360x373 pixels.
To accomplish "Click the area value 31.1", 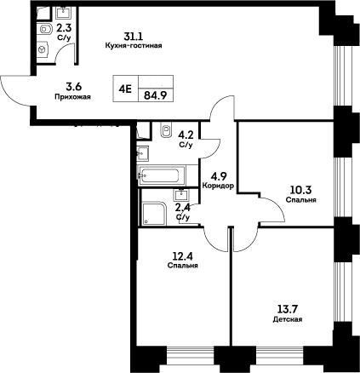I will pos(132,36).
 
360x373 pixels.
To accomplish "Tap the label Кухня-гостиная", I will pos(132,45).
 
